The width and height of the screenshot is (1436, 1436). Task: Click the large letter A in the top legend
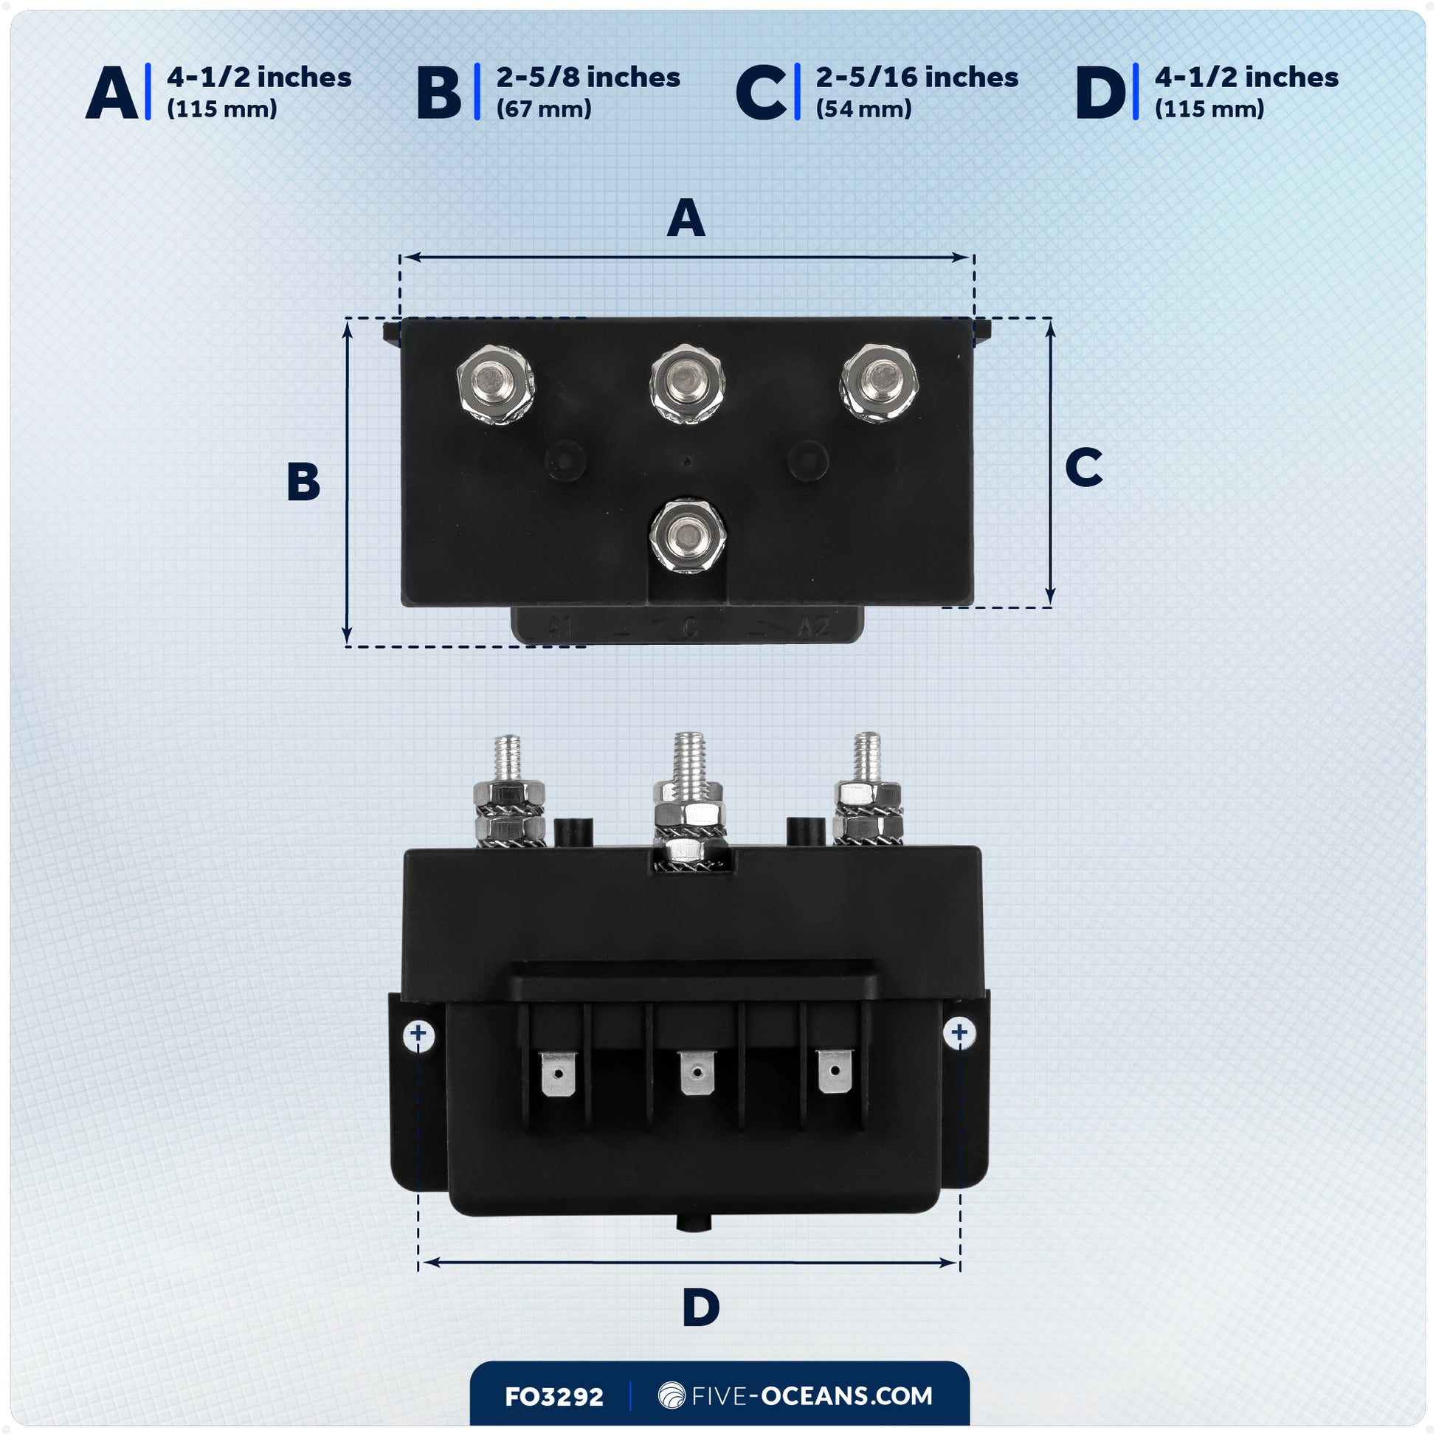click(x=111, y=93)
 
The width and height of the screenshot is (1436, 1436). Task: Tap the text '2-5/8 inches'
click(x=588, y=77)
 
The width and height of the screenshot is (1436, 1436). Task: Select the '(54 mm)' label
click(x=863, y=109)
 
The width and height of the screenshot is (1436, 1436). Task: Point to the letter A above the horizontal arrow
click(x=686, y=218)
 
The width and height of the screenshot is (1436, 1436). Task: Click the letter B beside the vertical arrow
click(x=303, y=482)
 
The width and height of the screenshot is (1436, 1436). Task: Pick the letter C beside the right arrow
click(x=1083, y=468)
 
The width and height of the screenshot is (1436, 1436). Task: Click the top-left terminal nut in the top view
click(x=495, y=384)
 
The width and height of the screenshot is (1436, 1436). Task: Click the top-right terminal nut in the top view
click(x=880, y=383)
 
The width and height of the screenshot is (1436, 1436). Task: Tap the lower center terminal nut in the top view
click(x=687, y=535)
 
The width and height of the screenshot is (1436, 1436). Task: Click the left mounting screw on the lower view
click(x=418, y=1034)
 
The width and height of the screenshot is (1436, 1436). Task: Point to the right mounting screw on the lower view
click(x=959, y=1032)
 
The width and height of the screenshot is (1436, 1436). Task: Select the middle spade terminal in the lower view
click(x=697, y=1071)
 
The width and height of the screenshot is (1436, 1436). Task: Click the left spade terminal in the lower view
click(x=557, y=1072)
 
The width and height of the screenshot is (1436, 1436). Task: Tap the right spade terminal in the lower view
click(x=835, y=1071)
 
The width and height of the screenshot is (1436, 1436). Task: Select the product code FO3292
click(x=553, y=1397)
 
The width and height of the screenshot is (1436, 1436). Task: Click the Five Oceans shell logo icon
click(x=672, y=1395)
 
